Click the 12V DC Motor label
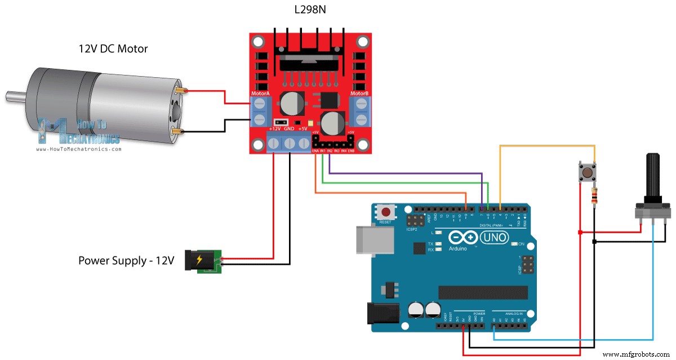(x=113, y=49)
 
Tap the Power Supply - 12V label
(x=126, y=261)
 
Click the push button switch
(x=586, y=172)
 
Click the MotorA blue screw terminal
(x=260, y=112)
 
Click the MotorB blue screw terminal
(x=360, y=112)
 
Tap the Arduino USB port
(x=366, y=239)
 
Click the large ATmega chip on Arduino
(x=483, y=292)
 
